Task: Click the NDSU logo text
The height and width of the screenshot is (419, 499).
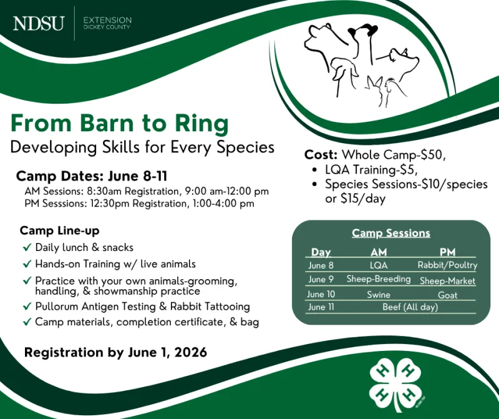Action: pyautogui.click(x=39, y=24)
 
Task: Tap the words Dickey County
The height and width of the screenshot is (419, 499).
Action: pyautogui.click(x=107, y=27)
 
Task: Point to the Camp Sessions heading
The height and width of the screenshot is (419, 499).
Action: pyautogui.click(x=391, y=233)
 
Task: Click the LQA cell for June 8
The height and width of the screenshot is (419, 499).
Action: pyautogui.click(x=379, y=265)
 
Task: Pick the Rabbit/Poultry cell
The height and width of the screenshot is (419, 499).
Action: pyautogui.click(x=447, y=265)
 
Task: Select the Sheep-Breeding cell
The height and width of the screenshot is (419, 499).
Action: pyautogui.click(x=379, y=279)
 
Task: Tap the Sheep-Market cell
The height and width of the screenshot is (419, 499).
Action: pyautogui.click(x=447, y=281)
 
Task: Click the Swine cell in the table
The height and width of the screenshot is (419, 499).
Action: pyautogui.click(x=379, y=294)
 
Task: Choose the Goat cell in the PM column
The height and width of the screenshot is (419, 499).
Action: pyautogui.click(x=447, y=295)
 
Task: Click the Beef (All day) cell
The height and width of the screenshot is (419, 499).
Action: pyautogui.click(x=410, y=307)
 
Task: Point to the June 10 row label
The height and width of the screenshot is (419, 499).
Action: pyautogui.click(x=321, y=294)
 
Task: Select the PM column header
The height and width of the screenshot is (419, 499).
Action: pyautogui.click(x=447, y=252)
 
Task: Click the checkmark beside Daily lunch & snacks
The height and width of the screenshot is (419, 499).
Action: pyautogui.click(x=27, y=247)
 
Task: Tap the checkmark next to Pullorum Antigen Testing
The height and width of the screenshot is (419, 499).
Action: pyautogui.click(x=27, y=306)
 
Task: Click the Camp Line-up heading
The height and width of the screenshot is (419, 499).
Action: pyautogui.click(x=59, y=230)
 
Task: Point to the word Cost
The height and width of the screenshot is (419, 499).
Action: pyautogui.click(x=321, y=155)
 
